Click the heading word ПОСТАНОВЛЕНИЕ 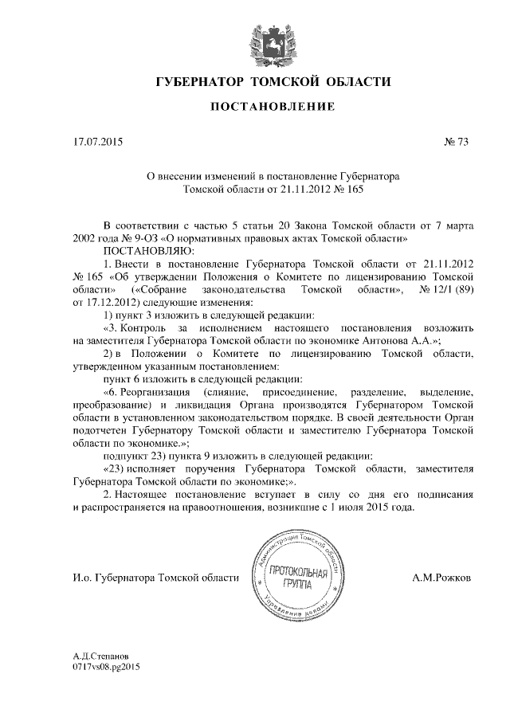point(272,107)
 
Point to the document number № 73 point(457,143)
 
